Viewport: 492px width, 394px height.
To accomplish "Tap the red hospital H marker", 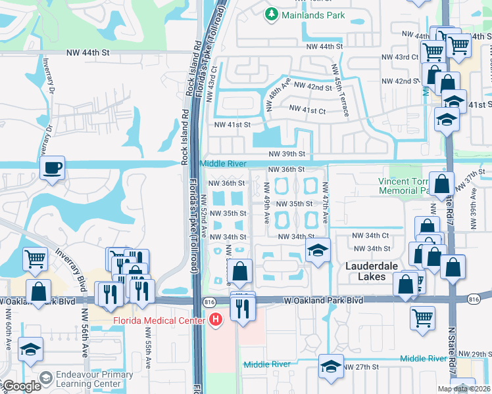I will point(215,320).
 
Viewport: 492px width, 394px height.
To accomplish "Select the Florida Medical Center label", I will point(160,321).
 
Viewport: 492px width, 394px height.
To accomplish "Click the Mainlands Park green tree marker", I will point(271,13).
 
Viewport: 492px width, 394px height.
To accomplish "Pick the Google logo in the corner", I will point(20,387).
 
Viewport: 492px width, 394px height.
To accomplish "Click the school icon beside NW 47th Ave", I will point(318,250).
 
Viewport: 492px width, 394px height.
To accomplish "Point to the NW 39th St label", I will point(287,154).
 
